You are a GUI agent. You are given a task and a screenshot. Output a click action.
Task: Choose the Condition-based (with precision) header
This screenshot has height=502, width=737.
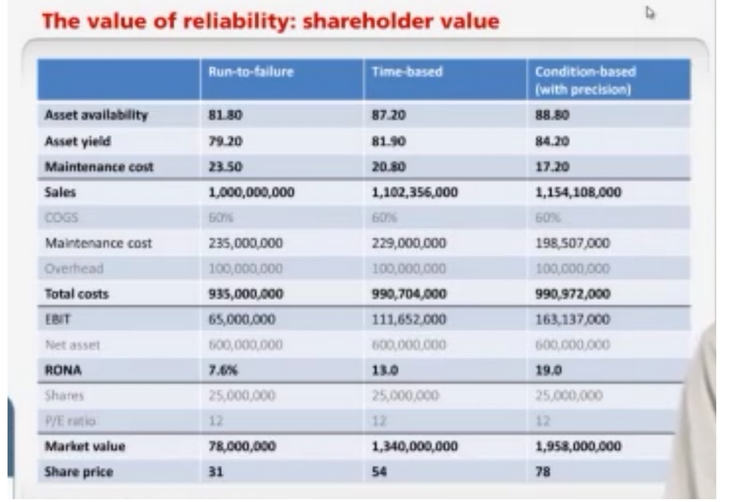coord(585,80)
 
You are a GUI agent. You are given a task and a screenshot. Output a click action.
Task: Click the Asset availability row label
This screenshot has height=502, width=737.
coord(96,116)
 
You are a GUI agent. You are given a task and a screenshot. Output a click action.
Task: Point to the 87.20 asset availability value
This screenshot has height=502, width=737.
coord(390,116)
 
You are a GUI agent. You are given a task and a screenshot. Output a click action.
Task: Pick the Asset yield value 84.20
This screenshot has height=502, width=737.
coord(552,141)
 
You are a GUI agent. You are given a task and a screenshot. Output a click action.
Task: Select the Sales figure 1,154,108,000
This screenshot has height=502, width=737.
coord(578,192)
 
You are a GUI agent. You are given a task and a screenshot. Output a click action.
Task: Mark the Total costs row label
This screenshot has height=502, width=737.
coord(77,294)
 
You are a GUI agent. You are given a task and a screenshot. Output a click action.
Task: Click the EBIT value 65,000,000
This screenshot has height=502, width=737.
coord(245,319)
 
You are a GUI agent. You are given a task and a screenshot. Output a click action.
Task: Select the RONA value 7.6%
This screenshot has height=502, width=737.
coord(222,370)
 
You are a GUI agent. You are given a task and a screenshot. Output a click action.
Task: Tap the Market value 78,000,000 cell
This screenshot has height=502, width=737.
coord(245,446)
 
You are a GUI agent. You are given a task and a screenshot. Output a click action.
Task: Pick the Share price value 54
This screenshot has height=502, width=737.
coord(380,472)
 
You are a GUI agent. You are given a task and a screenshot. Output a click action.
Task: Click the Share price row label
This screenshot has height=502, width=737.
coord(79,472)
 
